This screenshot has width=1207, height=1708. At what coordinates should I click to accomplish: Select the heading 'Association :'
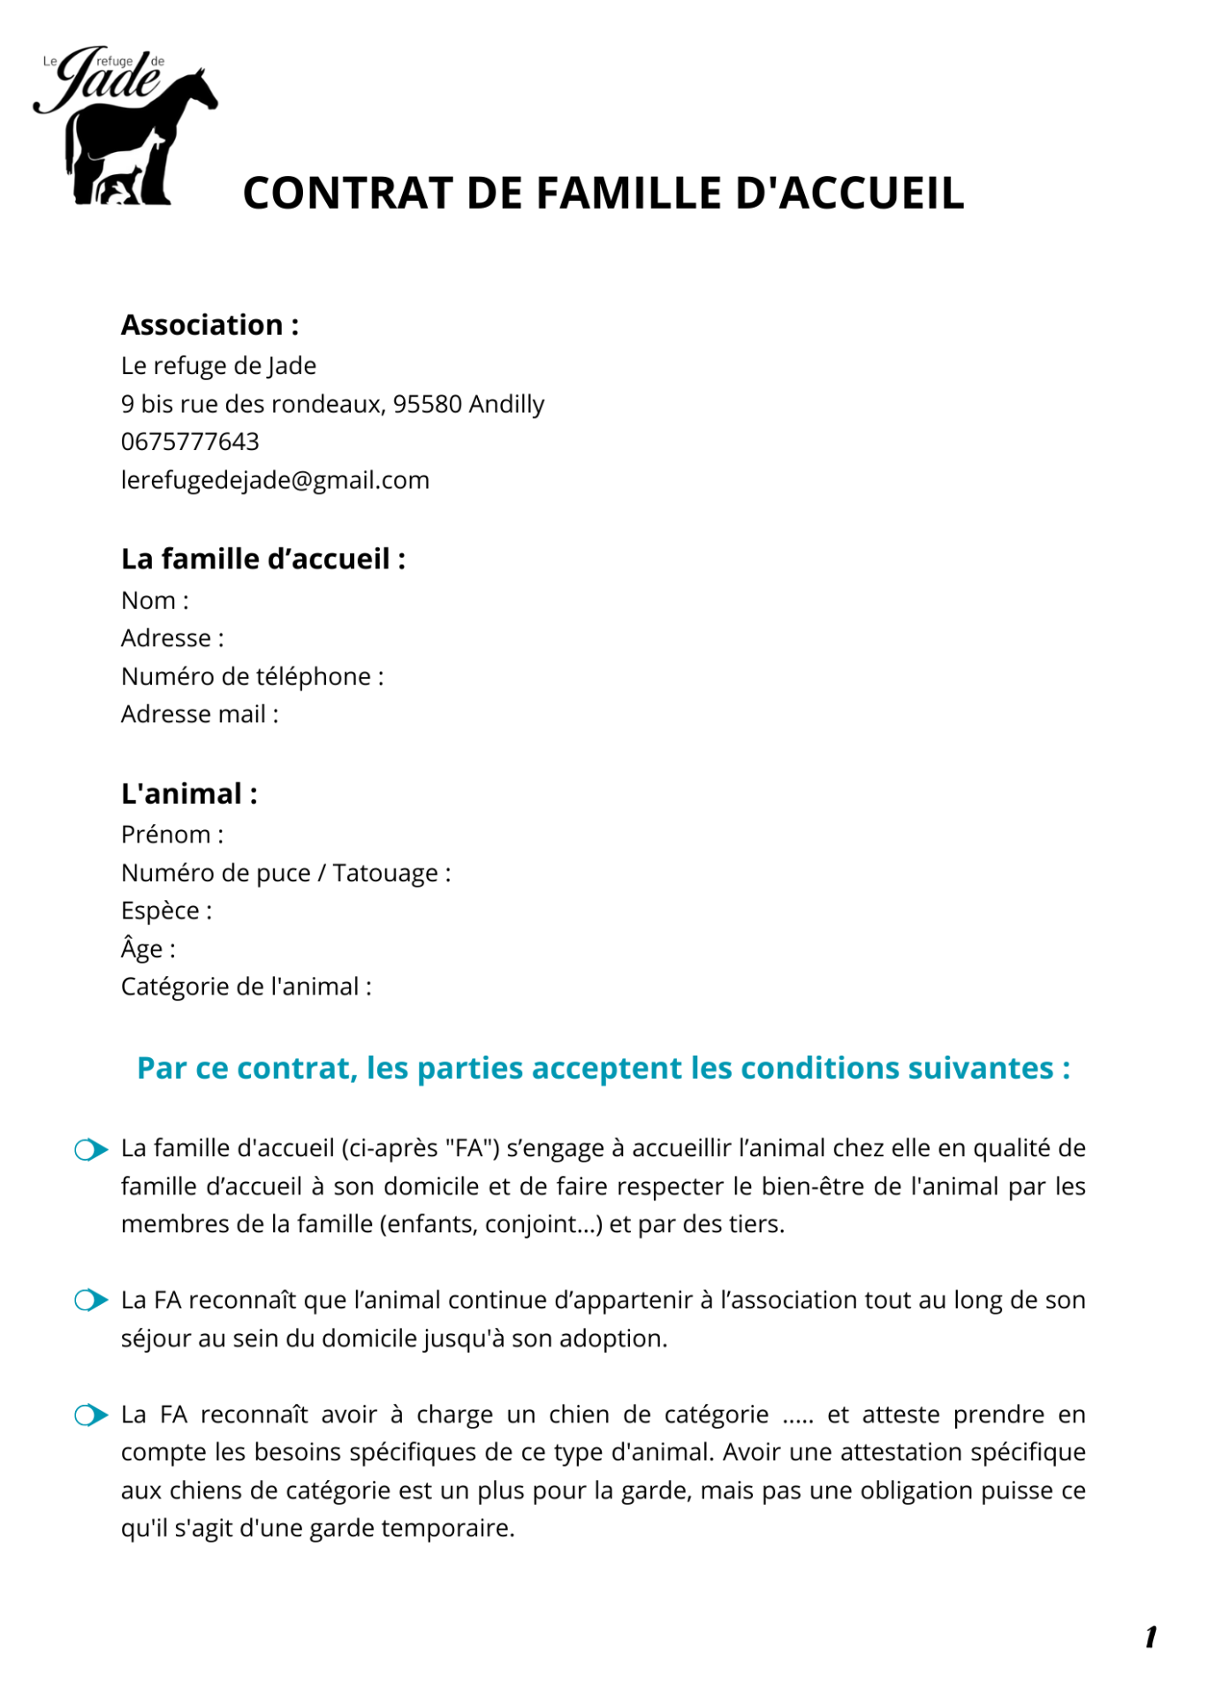(209, 325)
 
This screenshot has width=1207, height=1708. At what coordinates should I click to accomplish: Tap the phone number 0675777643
(190, 442)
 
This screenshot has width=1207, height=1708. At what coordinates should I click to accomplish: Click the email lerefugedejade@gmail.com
(275, 480)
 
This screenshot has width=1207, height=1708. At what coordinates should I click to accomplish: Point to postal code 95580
(427, 404)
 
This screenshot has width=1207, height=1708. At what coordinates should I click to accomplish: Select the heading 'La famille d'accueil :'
(262, 560)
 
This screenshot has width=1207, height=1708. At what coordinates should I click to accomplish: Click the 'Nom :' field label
(155, 601)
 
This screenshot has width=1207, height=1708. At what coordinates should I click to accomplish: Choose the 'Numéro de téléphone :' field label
(252, 677)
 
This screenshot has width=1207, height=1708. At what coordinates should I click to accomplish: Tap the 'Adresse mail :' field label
(200, 714)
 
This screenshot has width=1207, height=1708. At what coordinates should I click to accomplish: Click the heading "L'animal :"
(189, 794)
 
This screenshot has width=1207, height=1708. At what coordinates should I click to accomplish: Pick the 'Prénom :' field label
(172, 835)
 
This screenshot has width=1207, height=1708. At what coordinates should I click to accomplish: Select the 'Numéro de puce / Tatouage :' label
(285, 873)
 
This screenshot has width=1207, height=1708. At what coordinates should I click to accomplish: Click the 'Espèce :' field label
(166, 911)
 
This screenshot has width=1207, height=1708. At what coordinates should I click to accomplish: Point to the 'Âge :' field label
(148, 949)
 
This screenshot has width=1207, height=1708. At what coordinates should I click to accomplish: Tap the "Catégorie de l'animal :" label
(246, 987)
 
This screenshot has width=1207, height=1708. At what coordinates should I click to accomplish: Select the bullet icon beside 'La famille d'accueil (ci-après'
(91, 1150)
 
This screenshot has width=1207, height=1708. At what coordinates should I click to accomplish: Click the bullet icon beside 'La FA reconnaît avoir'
(91, 1415)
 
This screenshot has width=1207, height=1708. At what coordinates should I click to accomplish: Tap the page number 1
(1150, 1637)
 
